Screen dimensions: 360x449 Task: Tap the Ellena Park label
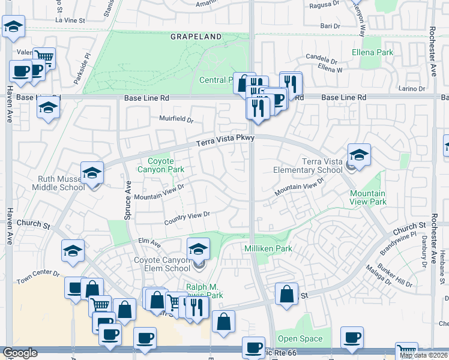tap(372, 52)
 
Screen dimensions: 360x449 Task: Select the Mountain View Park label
tap(367, 198)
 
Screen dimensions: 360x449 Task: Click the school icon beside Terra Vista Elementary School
tap(359, 155)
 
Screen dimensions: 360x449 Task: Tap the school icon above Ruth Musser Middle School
tap(92, 173)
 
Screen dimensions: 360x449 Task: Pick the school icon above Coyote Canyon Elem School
tap(199, 248)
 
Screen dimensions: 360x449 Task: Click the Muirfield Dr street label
tap(176, 119)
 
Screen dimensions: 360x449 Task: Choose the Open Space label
tap(300, 338)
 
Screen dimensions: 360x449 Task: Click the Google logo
tap(20, 353)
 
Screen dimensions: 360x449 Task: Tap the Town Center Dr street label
tap(38, 277)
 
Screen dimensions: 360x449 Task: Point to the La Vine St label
tap(71, 20)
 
